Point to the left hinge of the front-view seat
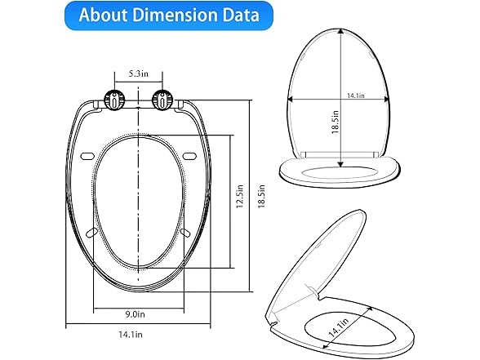click(x=114, y=101)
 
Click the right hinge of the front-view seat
click(x=166, y=101)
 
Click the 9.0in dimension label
click(x=138, y=313)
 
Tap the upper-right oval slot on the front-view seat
click(x=190, y=156)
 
